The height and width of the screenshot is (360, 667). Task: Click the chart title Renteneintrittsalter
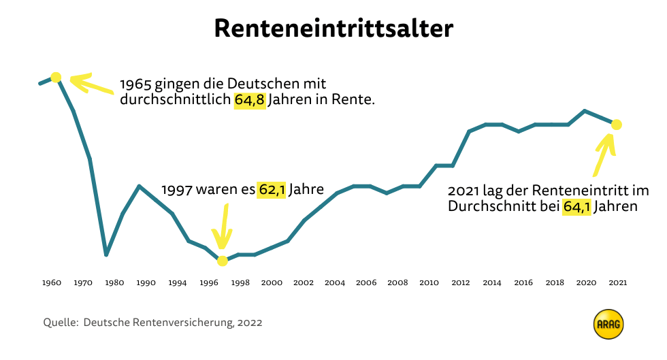[x=333, y=29]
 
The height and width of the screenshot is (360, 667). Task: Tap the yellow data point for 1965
[x=56, y=77]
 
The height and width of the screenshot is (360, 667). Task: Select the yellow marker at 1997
[x=222, y=261]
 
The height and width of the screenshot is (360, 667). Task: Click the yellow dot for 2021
[x=617, y=125]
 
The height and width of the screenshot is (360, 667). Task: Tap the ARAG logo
[x=608, y=325]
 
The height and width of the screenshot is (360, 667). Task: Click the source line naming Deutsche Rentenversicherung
[x=152, y=323]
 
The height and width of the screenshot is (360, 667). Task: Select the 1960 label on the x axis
[x=52, y=282]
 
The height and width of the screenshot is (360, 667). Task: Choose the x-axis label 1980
[x=114, y=282]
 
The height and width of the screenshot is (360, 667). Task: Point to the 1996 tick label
[x=209, y=282]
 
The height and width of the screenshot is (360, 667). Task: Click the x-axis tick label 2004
[x=335, y=282]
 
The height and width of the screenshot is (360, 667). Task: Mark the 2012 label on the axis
[x=461, y=282]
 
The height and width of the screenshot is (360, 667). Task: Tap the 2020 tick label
[x=587, y=282]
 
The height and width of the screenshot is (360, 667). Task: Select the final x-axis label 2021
[x=618, y=282]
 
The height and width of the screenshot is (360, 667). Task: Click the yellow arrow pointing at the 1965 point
[x=91, y=86]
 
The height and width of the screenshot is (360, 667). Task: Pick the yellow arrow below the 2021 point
[x=604, y=152]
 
